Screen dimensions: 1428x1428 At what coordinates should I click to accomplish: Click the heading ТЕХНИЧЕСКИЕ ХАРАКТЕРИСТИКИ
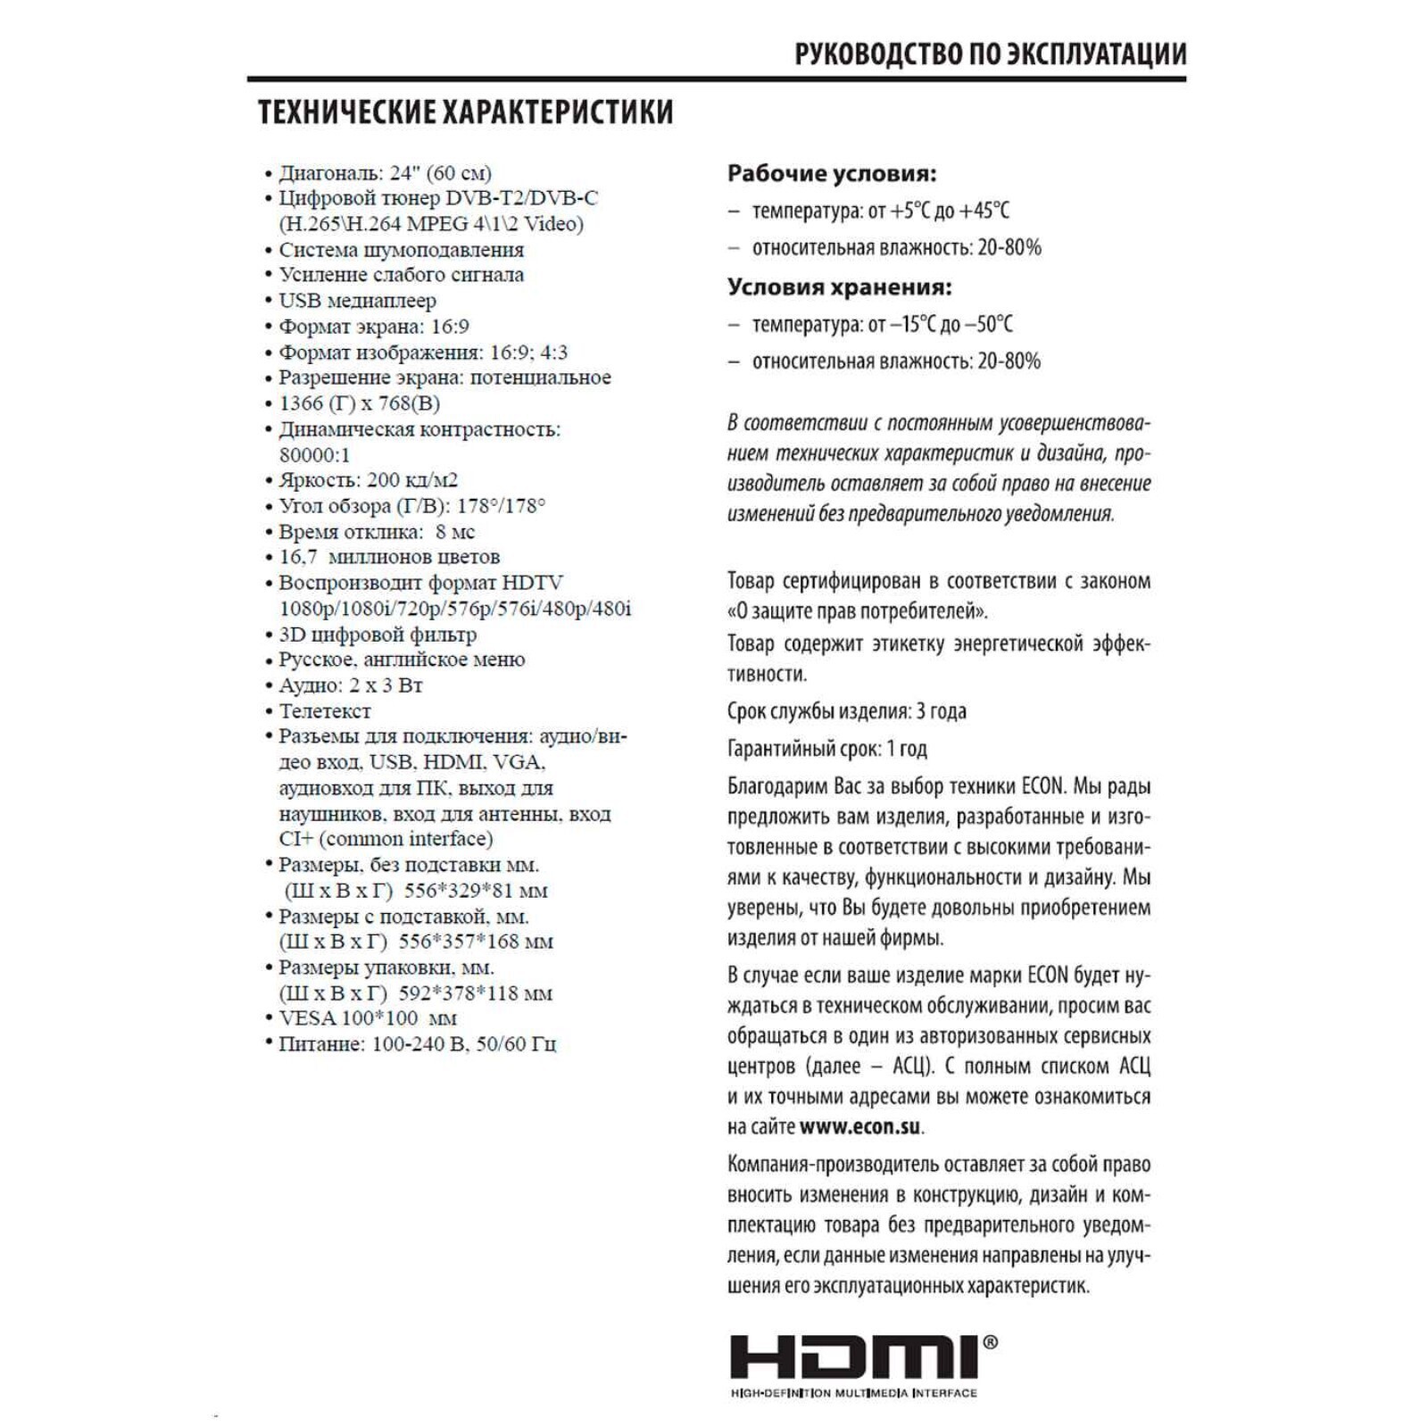click(x=466, y=112)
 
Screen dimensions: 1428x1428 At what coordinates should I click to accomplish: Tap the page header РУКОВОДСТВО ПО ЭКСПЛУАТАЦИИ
click(x=990, y=54)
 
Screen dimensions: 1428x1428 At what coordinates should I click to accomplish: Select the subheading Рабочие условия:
click(x=831, y=173)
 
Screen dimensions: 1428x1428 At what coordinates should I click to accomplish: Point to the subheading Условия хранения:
click(x=839, y=287)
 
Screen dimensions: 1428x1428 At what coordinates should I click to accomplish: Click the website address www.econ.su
click(x=860, y=1126)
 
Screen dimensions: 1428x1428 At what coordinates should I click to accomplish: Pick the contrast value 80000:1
click(x=315, y=454)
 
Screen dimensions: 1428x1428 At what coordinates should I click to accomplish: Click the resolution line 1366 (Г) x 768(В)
click(x=359, y=403)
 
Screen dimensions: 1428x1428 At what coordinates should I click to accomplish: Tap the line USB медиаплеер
click(x=357, y=301)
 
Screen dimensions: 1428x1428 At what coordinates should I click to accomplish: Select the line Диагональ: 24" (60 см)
click(x=385, y=173)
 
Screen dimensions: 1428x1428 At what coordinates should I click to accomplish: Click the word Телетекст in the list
click(x=324, y=711)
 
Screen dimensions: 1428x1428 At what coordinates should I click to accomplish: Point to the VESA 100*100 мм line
click(x=368, y=1018)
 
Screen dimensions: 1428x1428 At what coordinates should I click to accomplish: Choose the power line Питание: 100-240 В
click(x=417, y=1044)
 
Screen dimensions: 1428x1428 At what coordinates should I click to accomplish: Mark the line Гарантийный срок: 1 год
click(x=826, y=749)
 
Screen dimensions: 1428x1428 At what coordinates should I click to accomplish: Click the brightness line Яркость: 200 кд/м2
click(x=368, y=480)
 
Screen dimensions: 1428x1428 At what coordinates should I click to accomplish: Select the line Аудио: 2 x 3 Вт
click(x=350, y=685)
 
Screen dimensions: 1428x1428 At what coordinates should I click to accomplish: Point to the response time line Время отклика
click(x=377, y=532)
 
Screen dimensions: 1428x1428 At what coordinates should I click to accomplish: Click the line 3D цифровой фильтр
click(x=378, y=635)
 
